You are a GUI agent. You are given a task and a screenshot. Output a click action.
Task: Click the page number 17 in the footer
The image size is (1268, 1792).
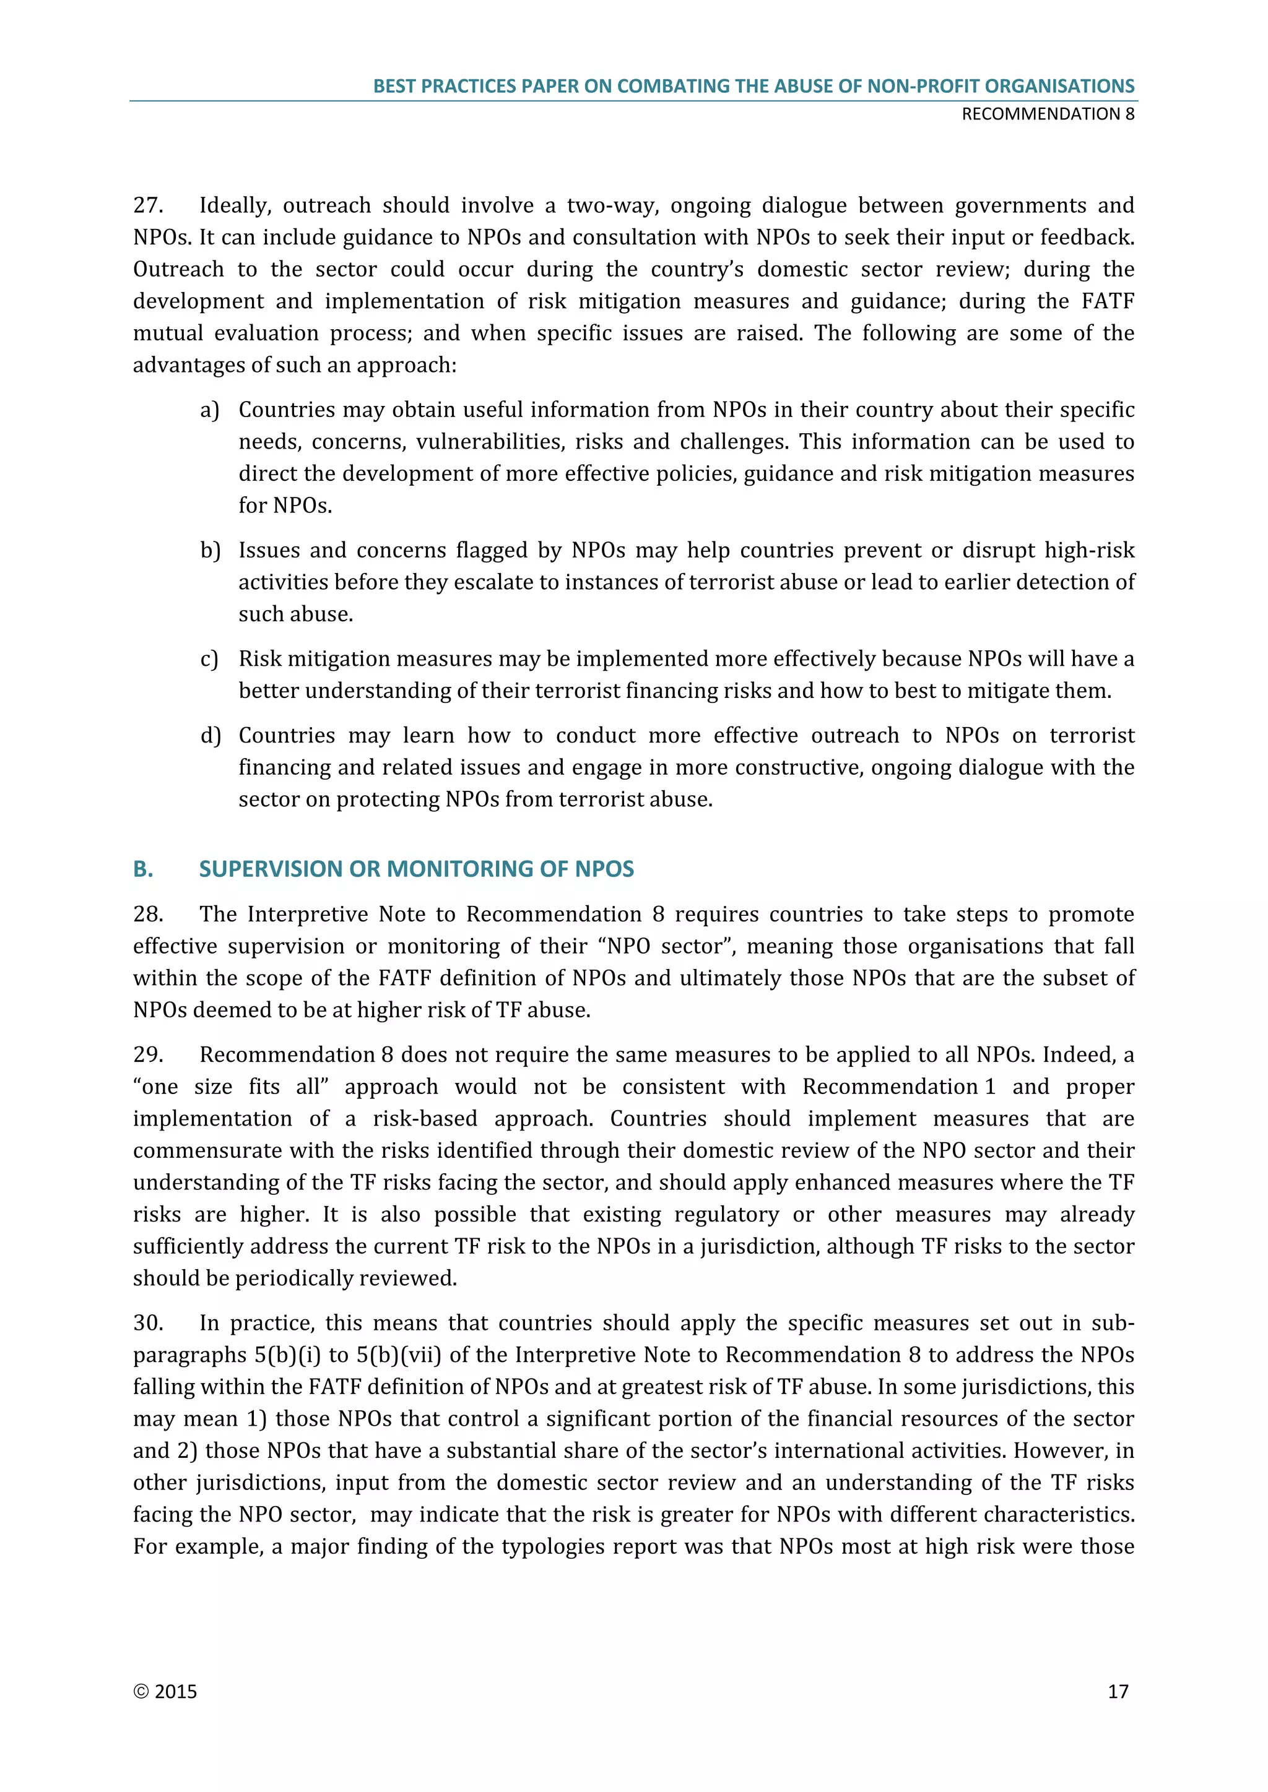coord(1118,1691)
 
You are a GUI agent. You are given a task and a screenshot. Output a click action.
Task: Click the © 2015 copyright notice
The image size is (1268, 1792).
coord(165,1691)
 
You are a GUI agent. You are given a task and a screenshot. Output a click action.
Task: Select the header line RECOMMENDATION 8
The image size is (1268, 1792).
coord(1048,114)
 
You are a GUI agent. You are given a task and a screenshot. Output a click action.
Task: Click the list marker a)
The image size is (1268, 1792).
coord(209,410)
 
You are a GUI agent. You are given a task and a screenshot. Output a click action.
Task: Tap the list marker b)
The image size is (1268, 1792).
coord(210,551)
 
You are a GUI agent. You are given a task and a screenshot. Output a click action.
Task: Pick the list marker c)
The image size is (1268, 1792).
coord(209,660)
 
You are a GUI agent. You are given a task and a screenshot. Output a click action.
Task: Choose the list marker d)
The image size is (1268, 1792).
coord(210,736)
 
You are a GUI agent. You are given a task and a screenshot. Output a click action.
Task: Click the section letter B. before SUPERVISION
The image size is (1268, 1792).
coord(143,869)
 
